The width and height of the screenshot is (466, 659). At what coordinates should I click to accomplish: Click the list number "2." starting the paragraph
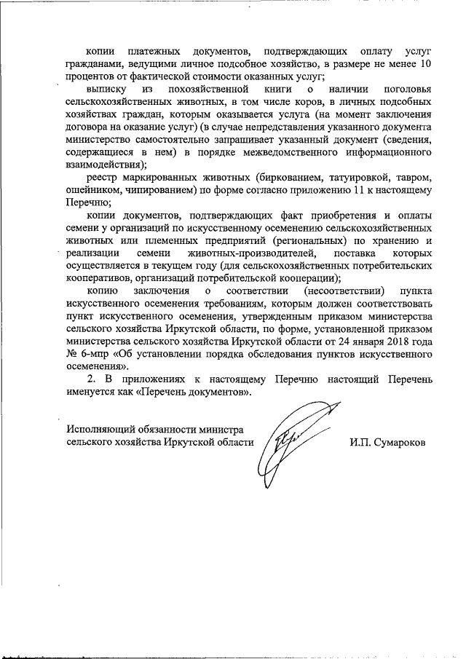[x=91, y=380]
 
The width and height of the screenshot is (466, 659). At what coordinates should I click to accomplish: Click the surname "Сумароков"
[x=387, y=442]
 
